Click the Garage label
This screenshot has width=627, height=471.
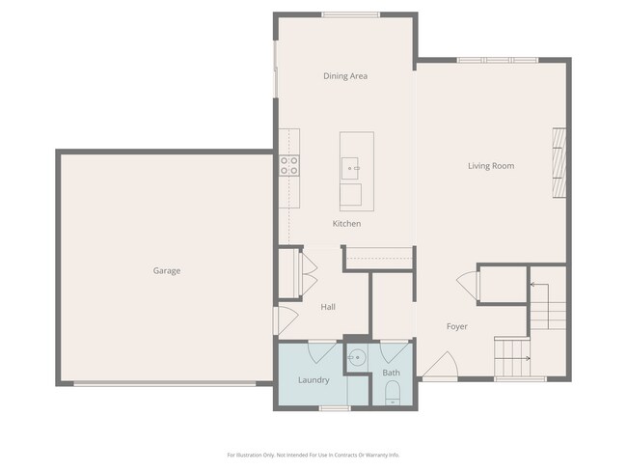click(166, 271)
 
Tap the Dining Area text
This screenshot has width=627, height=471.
click(344, 76)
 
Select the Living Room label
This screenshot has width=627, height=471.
click(491, 166)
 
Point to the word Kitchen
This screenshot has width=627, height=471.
click(346, 224)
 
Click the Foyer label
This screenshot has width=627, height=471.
click(456, 326)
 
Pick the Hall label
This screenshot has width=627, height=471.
click(328, 307)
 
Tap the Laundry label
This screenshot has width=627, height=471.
click(313, 380)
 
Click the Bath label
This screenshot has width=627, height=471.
click(391, 373)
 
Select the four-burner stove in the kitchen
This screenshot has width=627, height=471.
click(289, 165)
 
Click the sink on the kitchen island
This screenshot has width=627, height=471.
click(350, 169)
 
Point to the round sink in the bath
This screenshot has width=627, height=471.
click(355, 358)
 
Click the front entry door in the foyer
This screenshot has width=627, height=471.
click(440, 367)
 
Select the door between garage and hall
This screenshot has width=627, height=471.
click(281, 319)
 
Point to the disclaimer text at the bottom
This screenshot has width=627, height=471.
click(313, 455)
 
